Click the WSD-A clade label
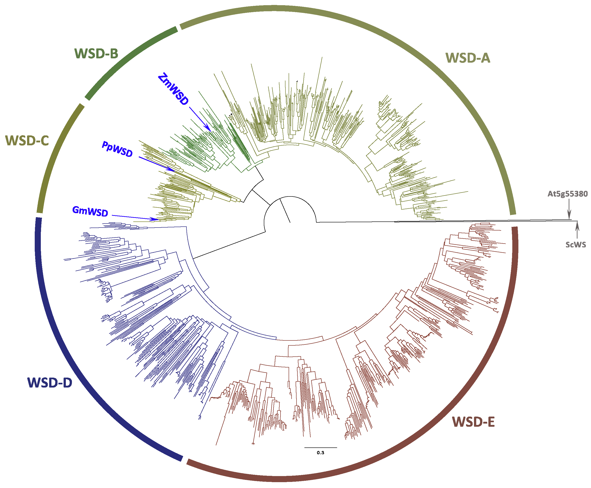click(x=467, y=58)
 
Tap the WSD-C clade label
click(x=27, y=141)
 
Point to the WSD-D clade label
click(x=50, y=383)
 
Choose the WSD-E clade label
click(x=473, y=422)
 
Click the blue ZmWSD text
click(x=173, y=89)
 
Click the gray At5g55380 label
click(x=567, y=194)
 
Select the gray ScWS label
click(x=575, y=244)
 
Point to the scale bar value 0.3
click(x=320, y=453)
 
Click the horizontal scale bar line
click(x=320, y=447)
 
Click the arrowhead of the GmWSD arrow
click(x=156, y=219)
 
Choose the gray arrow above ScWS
click(x=577, y=230)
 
